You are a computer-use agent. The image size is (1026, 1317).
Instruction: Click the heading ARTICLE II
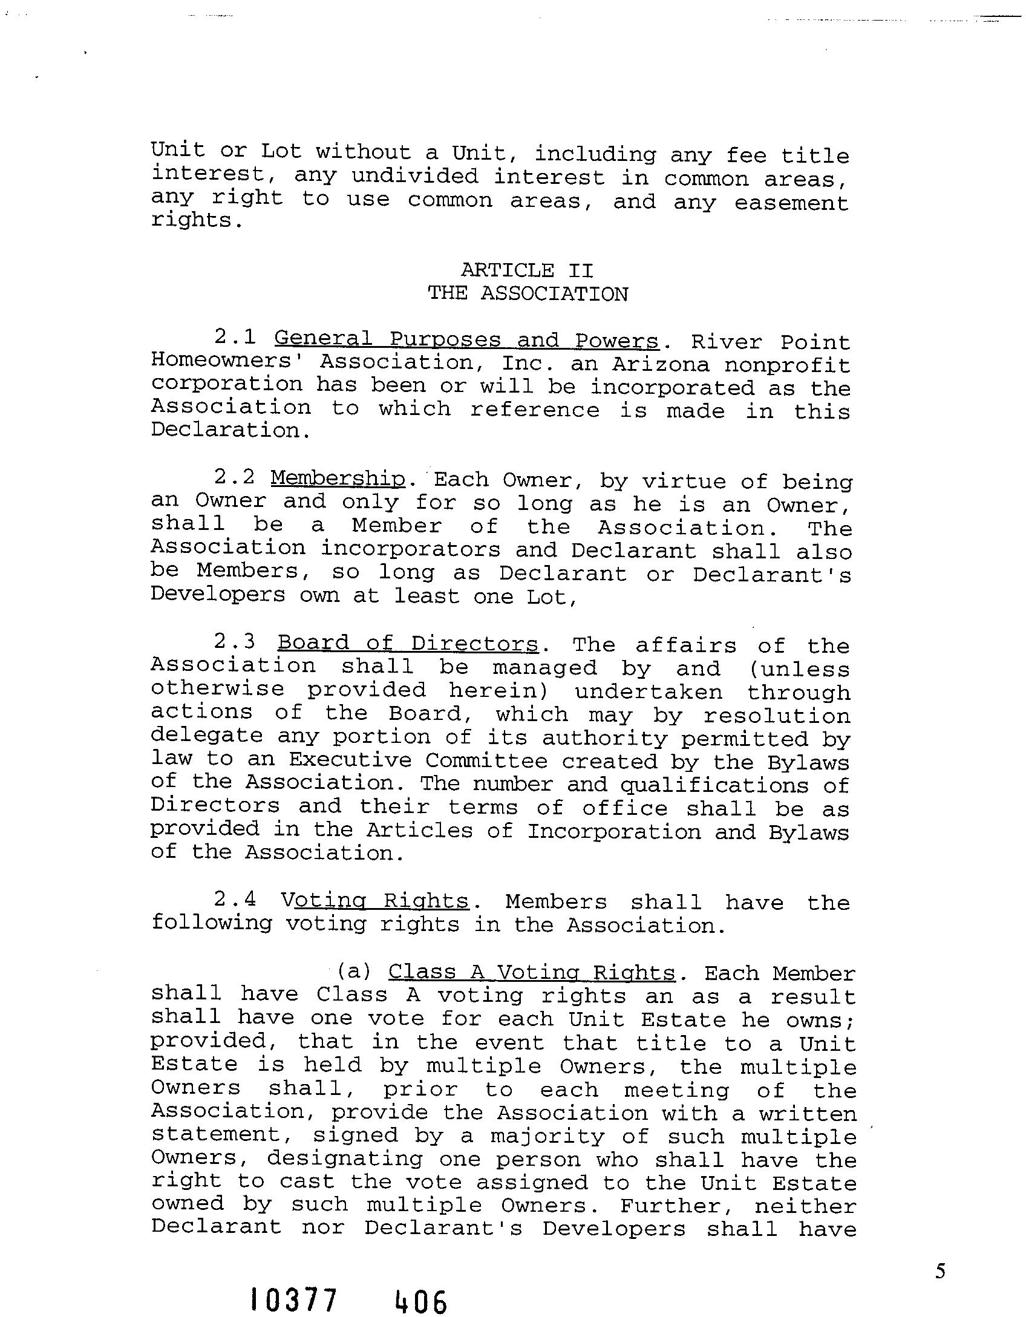(x=527, y=270)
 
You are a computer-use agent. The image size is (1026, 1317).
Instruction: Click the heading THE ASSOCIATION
(x=528, y=294)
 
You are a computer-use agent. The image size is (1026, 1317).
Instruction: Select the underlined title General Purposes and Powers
(x=466, y=340)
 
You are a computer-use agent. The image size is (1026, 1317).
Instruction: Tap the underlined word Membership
(x=338, y=479)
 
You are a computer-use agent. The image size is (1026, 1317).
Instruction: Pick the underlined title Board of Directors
(x=408, y=643)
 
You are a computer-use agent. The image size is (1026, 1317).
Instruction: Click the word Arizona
(x=661, y=365)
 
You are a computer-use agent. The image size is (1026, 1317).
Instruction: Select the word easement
(x=791, y=203)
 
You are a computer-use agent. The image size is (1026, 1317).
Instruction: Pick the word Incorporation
(x=614, y=832)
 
